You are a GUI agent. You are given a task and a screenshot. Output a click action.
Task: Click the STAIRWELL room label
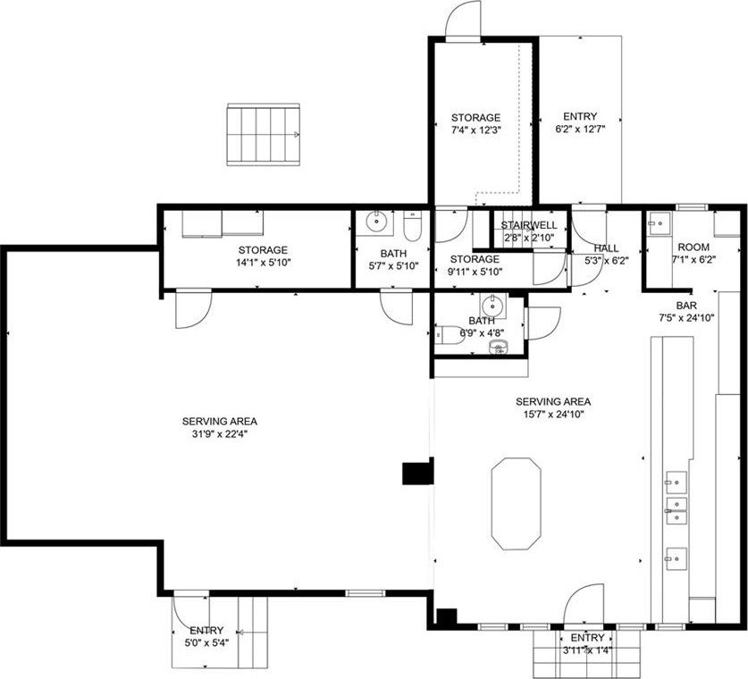click(x=528, y=225)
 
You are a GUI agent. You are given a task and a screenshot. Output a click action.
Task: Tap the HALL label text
click(x=606, y=248)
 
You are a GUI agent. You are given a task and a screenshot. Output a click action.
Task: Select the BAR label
click(x=686, y=306)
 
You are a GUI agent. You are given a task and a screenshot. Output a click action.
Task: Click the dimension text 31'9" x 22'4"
click(x=220, y=434)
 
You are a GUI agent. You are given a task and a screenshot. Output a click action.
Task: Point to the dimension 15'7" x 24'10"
click(x=553, y=414)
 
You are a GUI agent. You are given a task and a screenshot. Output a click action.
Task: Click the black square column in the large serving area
click(x=417, y=474)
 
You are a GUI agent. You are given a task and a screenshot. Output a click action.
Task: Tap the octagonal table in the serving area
click(x=516, y=504)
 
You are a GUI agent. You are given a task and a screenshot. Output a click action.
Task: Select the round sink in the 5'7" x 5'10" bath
click(x=376, y=222)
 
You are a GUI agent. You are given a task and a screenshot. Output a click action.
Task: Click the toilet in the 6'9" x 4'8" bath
click(x=445, y=334)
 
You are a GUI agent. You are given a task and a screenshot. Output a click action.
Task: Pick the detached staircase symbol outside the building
click(x=264, y=135)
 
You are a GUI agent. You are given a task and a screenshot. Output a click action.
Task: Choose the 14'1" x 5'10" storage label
click(x=264, y=256)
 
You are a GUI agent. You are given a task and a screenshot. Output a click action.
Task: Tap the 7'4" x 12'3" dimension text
click(x=476, y=130)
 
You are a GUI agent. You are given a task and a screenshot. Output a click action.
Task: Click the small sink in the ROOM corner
click(x=660, y=223)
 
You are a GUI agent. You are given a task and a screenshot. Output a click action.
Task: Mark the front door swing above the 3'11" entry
click(x=584, y=604)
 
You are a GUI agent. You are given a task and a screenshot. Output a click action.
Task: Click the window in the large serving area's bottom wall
click(x=365, y=593)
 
